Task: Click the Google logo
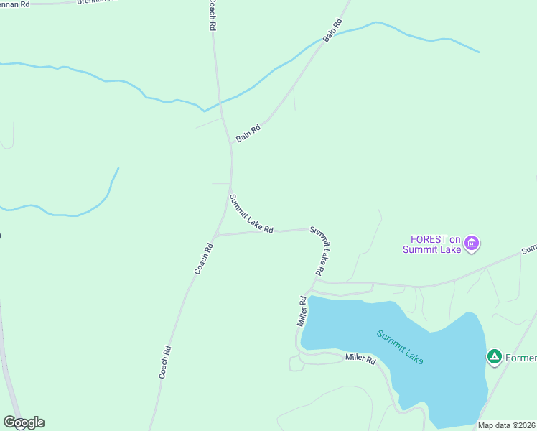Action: point(24,422)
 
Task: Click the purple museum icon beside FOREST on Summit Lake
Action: point(472,244)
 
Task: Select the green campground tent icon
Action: point(494,356)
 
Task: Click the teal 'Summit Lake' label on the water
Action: point(401,346)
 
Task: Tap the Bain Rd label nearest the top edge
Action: point(332,30)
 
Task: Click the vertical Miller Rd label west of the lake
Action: point(302,310)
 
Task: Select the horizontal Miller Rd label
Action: point(360,358)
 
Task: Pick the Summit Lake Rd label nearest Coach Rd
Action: point(251,213)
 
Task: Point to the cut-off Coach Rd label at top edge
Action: point(211,14)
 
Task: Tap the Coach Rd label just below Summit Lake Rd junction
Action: point(204,259)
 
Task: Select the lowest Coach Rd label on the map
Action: point(165,362)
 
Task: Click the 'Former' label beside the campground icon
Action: point(520,356)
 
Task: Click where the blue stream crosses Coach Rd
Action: point(218,104)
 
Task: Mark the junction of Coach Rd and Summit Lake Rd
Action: point(215,235)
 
